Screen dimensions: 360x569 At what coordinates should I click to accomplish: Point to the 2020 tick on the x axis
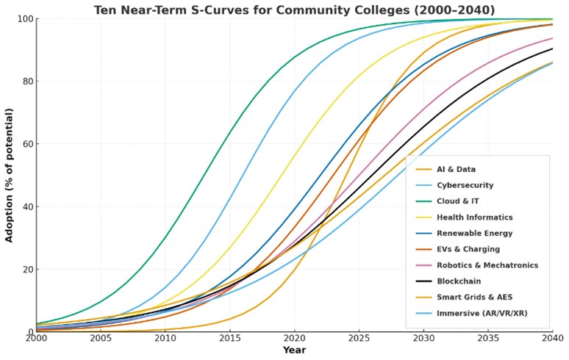(295, 339)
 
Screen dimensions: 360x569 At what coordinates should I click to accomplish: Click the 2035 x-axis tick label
(488, 339)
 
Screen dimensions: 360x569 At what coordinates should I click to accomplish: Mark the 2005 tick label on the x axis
(101, 339)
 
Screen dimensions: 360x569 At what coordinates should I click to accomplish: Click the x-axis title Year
(295, 351)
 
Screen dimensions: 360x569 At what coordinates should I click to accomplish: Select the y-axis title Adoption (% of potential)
(10, 175)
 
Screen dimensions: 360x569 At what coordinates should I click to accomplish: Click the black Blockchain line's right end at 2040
(552, 48)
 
